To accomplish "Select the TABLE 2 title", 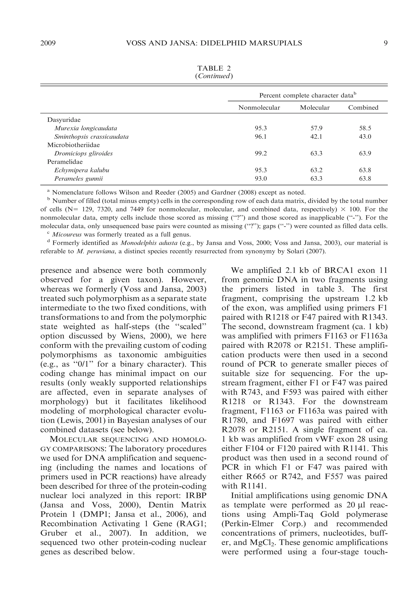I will pos(214,68).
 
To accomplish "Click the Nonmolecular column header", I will pos(259,108).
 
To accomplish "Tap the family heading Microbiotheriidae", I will pos(74,145).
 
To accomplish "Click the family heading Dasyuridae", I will pos(64,120).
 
